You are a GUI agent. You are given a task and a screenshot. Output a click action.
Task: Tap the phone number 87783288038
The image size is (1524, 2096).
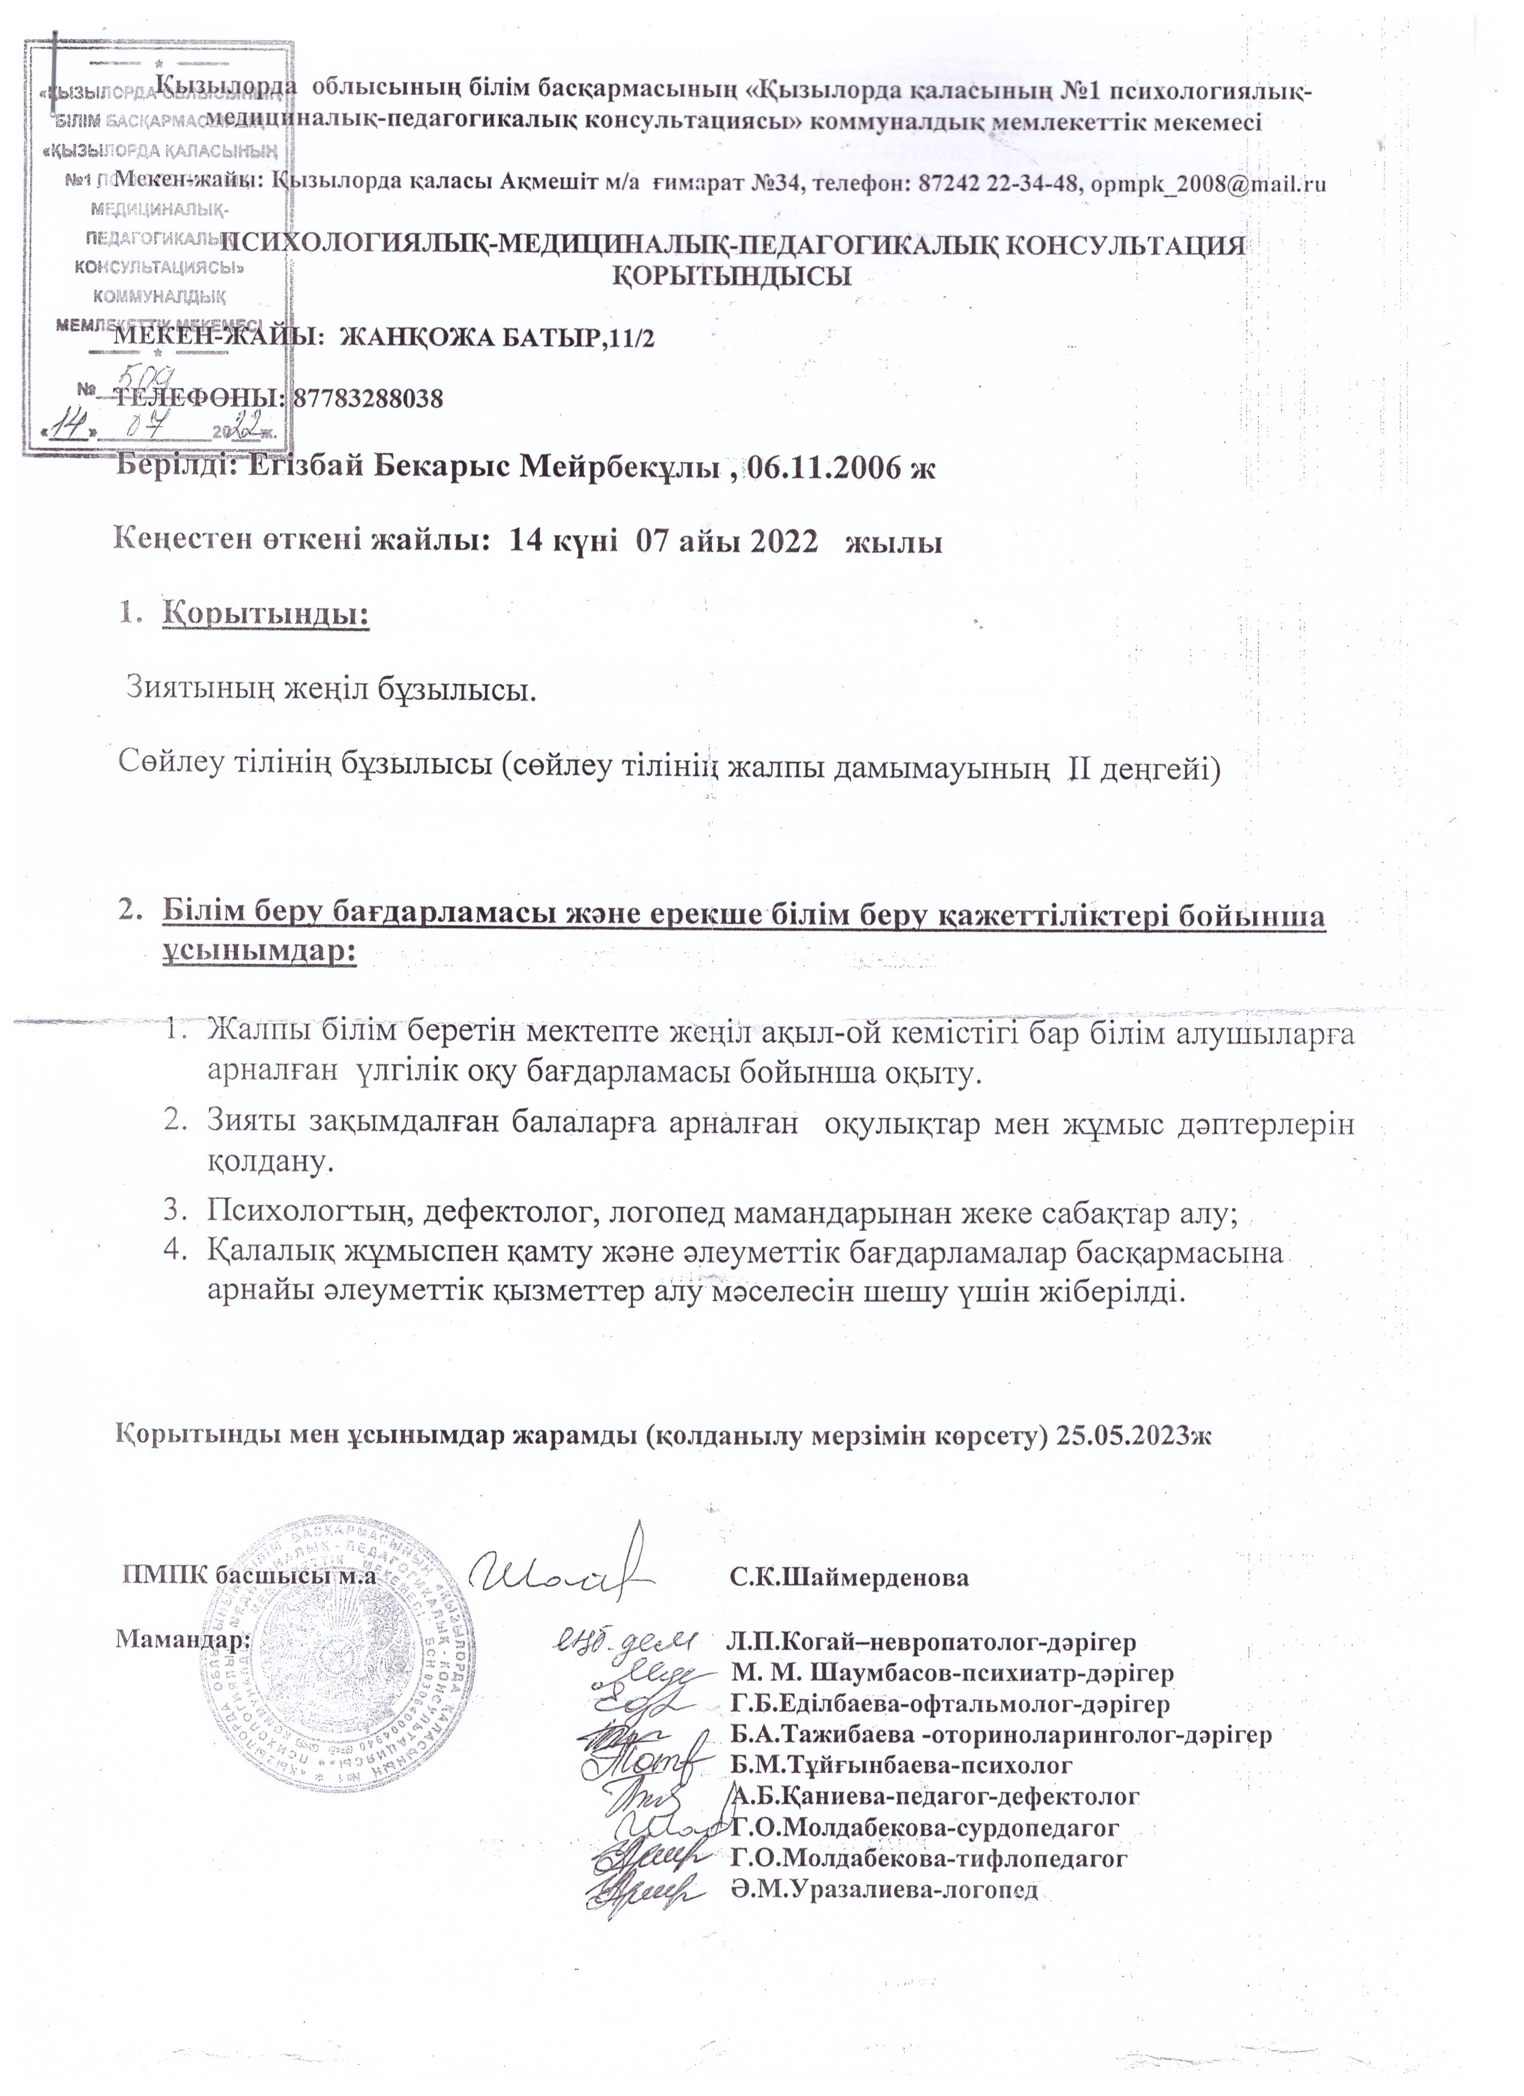click(x=368, y=399)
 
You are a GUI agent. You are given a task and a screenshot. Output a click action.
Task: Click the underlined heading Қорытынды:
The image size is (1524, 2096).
click(x=265, y=614)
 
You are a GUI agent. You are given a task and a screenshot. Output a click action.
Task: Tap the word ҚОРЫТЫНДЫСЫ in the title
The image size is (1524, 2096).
click(x=733, y=275)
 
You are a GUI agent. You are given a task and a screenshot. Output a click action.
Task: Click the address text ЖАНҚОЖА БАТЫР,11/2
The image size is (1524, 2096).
click(x=497, y=338)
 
